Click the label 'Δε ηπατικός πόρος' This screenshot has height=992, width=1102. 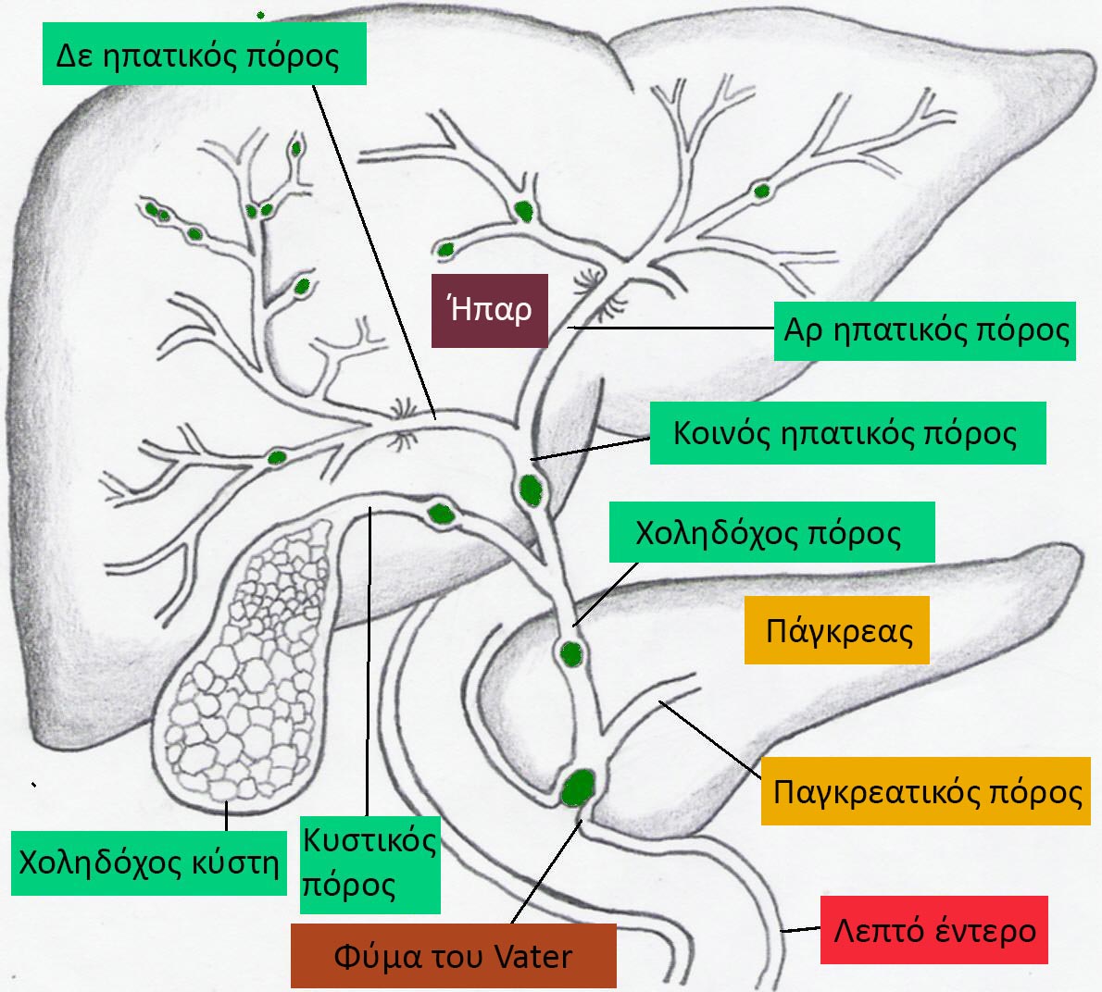204,54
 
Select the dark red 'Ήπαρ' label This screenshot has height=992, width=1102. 490,310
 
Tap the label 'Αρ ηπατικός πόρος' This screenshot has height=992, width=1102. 925,330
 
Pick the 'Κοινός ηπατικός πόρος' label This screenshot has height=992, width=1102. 847,433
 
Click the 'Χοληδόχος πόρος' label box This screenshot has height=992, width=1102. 771,532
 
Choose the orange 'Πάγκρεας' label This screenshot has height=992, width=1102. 839,631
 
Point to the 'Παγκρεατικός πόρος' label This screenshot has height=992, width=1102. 927,791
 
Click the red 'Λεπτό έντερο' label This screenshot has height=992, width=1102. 934,929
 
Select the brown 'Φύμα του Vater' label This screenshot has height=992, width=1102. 453,957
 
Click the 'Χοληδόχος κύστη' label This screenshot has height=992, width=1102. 149,862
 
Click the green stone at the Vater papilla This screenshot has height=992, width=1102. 579,787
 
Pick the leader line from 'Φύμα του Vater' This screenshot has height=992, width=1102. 546,870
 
